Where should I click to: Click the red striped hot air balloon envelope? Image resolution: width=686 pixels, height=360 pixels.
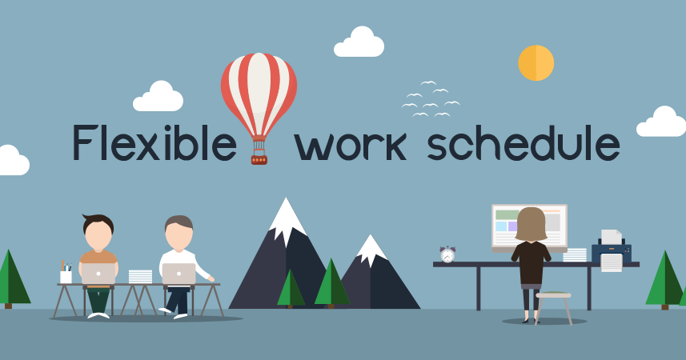pyautogui.click(x=259, y=88)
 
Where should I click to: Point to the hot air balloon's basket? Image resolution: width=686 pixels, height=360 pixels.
pyautogui.click(x=259, y=158)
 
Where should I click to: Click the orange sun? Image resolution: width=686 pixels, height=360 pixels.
pyautogui.click(x=536, y=63)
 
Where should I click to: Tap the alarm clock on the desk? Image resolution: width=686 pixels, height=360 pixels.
pyautogui.click(x=447, y=254)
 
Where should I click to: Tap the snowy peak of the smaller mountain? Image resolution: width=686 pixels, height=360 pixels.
pyautogui.click(x=371, y=248)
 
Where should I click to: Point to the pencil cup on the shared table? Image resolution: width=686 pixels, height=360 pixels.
pyautogui.click(x=66, y=274)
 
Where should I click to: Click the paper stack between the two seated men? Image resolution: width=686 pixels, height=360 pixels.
pyautogui.click(x=140, y=276)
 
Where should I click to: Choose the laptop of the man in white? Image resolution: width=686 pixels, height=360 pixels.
pyautogui.click(x=179, y=274)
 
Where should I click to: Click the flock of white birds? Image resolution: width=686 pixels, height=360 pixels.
pyautogui.click(x=430, y=100)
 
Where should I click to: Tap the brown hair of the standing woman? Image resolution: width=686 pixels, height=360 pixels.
pyautogui.click(x=531, y=224)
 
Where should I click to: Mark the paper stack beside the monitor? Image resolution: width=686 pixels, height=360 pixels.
pyautogui.click(x=575, y=255)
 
